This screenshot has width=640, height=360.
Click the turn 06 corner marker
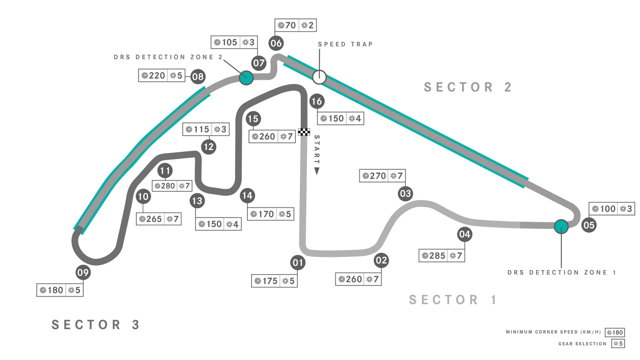276,43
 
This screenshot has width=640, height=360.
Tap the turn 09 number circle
83,273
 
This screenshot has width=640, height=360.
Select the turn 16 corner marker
316,101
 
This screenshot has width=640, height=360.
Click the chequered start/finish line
304,132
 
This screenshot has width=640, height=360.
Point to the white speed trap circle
319,77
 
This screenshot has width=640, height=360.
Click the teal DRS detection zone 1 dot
561,226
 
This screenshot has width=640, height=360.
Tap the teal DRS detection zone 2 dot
246,78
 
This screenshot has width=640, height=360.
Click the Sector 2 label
468,87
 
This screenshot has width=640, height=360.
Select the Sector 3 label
96,325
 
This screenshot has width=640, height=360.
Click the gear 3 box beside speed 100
626,209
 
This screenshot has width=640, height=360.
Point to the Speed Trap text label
345,44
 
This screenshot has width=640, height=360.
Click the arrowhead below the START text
317,171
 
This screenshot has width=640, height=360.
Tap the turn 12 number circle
209,146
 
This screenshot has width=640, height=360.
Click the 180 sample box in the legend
615,332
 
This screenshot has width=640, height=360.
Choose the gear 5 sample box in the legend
618,344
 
